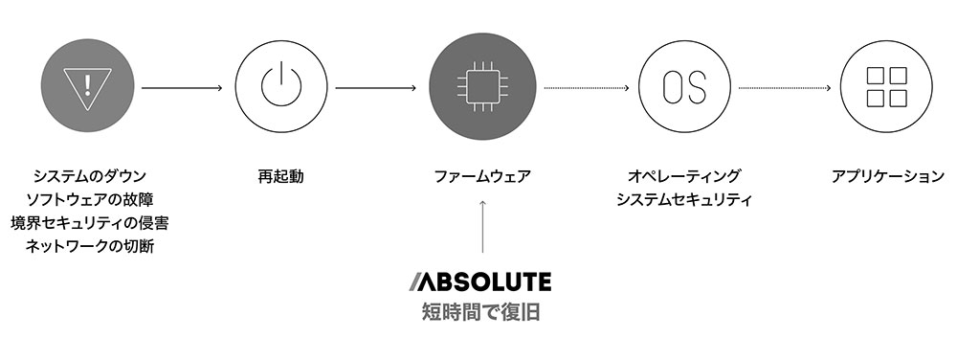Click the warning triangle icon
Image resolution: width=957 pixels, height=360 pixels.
(87, 86)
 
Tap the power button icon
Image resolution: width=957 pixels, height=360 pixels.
(280, 86)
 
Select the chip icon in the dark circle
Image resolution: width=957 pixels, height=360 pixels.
(482, 86)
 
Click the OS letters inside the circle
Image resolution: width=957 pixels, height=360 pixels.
(684, 86)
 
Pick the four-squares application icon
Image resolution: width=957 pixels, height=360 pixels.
(886, 86)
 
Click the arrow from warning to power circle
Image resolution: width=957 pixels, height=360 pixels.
(182, 88)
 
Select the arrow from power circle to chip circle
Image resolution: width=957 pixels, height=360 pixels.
(376, 88)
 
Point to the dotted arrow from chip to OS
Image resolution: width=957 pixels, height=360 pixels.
(587, 88)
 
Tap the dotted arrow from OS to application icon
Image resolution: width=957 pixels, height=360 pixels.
(785, 88)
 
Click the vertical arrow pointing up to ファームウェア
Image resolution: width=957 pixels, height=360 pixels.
(482, 226)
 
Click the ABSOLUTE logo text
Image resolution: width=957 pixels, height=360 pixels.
(481, 281)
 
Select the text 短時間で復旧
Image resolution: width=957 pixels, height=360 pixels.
(481, 312)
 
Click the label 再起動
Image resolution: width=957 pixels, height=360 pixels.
(280, 177)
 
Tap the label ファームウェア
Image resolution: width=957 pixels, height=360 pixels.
(482, 177)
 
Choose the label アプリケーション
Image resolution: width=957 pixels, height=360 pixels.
(887, 177)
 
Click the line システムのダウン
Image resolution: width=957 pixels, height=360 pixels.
(90, 177)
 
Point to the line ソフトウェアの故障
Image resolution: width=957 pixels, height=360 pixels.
(90, 200)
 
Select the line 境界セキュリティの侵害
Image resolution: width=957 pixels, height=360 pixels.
(90, 223)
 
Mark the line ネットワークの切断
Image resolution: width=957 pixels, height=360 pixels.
(90, 246)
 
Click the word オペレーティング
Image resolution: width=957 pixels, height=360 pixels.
(684, 177)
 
